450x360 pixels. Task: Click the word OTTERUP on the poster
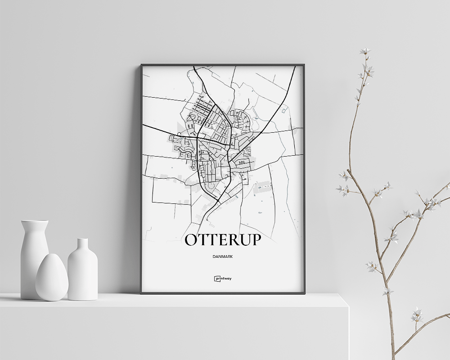(223, 240)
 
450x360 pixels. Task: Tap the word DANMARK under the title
(223, 256)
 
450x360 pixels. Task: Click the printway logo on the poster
(223, 278)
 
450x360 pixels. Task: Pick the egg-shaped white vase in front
(52, 278)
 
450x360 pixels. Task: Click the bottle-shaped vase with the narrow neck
(82, 270)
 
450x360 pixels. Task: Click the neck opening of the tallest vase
(35, 221)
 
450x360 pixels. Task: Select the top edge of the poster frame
(223, 65)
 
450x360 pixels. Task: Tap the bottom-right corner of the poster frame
(304, 293)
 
